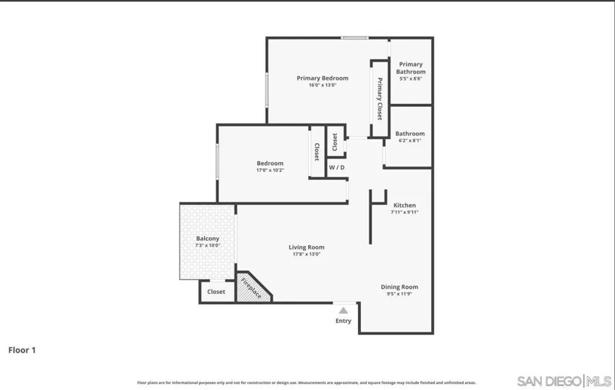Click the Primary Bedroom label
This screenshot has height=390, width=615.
click(x=322, y=79)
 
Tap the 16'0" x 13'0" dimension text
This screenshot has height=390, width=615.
click(x=322, y=85)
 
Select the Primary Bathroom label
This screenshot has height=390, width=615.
click(x=411, y=68)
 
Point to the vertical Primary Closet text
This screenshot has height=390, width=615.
click(x=379, y=99)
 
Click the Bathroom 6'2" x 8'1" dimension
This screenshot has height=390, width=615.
click(x=410, y=141)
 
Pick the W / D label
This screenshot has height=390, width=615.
click(x=336, y=168)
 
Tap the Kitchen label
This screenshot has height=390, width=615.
click(x=405, y=205)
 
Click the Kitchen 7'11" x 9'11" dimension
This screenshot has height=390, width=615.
click(x=405, y=213)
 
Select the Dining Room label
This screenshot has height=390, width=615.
click(x=399, y=287)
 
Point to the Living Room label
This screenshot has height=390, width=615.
click(x=306, y=248)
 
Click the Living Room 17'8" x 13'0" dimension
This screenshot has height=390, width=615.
click(x=306, y=254)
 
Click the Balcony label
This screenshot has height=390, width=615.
click(x=207, y=238)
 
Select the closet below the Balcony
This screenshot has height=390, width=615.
click(x=216, y=292)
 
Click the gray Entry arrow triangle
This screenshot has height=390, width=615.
click(x=343, y=311)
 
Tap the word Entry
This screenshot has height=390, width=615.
click(x=343, y=321)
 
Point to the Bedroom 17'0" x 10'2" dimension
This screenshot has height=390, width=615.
click(x=270, y=170)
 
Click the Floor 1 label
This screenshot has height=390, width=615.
click(x=22, y=350)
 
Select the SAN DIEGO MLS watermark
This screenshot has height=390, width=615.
click(x=564, y=381)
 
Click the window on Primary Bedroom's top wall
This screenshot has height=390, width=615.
click(x=355, y=38)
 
